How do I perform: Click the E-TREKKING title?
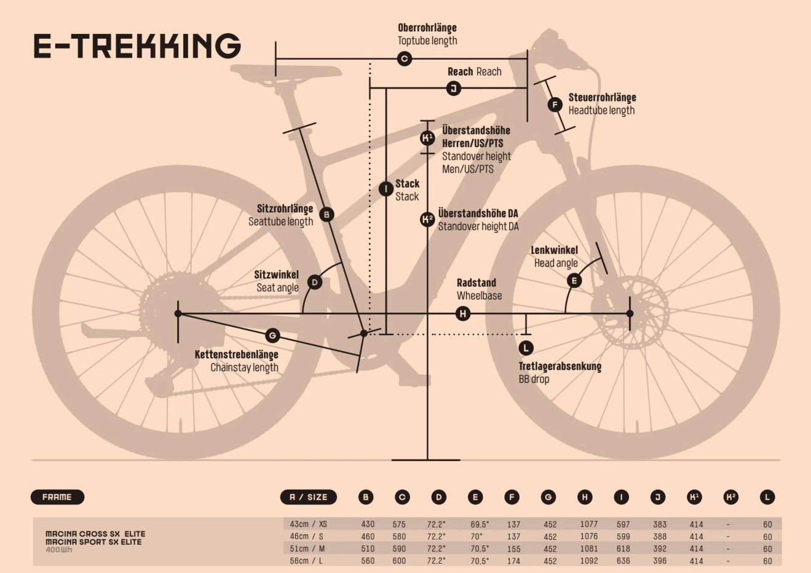pyautogui.click(x=137, y=46)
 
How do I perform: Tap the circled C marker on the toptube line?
pyautogui.click(x=405, y=58)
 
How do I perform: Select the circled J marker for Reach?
pyautogui.click(x=454, y=89)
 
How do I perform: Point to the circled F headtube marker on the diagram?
pyautogui.click(x=555, y=105)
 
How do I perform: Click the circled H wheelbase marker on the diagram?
pyautogui.click(x=463, y=314)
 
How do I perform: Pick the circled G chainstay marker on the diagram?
pyautogui.click(x=272, y=336)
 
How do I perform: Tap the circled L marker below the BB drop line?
pyautogui.click(x=526, y=348)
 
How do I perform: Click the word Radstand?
pyautogui.click(x=476, y=283)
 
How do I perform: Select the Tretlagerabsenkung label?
pyautogui.click(x=560, y=366)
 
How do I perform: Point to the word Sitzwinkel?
pyautogui.click(x=276, y=275)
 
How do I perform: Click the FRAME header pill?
pyautogui.click(x=57, y=497)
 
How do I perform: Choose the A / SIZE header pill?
pyautogui.click(x=309, y=497)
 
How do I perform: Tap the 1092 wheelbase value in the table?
pyautogui.click(x=589, y=561)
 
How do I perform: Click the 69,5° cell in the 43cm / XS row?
pyautogui.click(x=480, y=524)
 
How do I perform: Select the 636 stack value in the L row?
pyautogui.click(x=623, y=561)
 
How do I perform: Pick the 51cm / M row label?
pyautogui.click(x=307, y=549)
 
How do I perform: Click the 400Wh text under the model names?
pyautogui.click(x=58, y=550)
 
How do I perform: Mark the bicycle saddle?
pyautogui.click(x=286, y=73)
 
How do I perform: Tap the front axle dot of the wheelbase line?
pyautogui.click(x=630, y=314)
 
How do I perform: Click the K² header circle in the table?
pyautogui.click(x=730, y=497)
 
